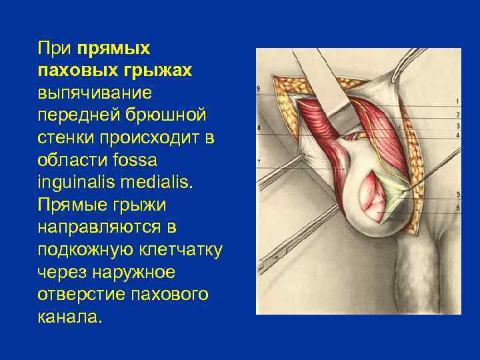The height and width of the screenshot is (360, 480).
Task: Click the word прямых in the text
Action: (114, 49)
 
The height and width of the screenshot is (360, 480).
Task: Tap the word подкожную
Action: (89, 250)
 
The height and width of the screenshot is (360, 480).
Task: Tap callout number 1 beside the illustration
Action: (457, 101)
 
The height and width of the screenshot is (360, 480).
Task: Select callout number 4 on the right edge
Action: (457, 135)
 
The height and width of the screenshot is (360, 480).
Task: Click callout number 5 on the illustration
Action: (457, 194)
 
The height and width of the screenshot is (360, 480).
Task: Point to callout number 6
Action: (457, 209)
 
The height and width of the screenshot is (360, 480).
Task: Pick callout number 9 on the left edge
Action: (259, 89)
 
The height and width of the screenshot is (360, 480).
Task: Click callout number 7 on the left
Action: (259, 162)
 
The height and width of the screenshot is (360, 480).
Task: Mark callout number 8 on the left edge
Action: (259, 127)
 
